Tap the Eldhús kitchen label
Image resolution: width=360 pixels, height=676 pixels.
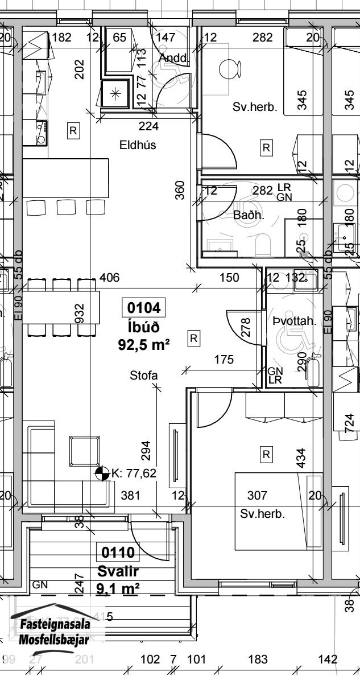(138, 145)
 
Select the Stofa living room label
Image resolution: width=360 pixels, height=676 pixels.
(143, 375)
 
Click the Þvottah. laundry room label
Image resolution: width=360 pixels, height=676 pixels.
(294, 321)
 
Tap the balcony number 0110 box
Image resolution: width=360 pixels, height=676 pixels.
(118, 553)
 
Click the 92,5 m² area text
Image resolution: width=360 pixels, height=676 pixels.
(144, 344)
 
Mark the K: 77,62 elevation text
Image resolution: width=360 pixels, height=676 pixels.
(134, 473)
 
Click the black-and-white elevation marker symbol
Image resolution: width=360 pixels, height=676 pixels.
(102, 473)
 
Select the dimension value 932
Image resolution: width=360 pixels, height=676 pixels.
(80, 312)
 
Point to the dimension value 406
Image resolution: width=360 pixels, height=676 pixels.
(109, 278)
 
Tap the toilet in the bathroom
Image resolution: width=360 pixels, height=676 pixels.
(264, 246)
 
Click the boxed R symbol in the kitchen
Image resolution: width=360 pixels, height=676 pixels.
(73, 131)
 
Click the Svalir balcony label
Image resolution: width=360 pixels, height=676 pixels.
(118, 571)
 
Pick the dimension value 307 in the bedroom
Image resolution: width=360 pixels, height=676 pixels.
(257, 496)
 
